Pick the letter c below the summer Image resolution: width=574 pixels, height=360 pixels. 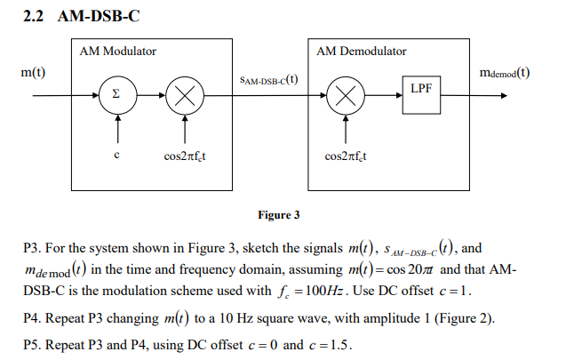(x=116, y=157)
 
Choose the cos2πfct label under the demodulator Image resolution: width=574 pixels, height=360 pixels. (x=347, y=157)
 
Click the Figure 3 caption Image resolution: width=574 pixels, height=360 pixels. (x=278, y=214)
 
